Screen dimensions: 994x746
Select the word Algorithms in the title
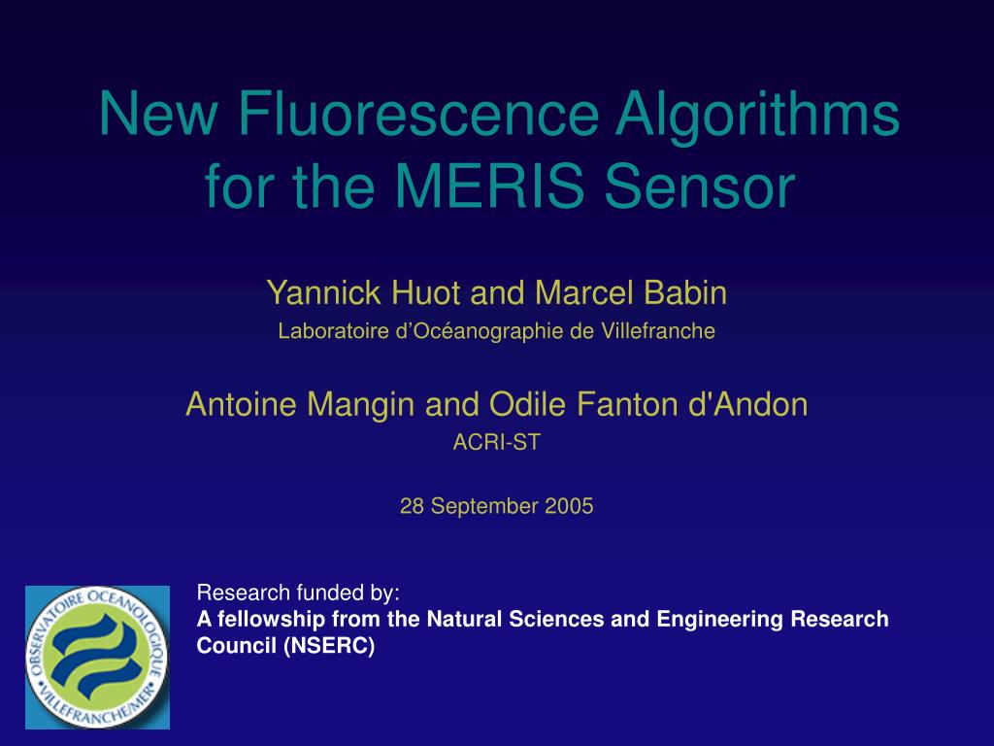click(757, 118)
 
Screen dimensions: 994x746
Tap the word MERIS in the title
click(489, 186)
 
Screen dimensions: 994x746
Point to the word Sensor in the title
click(700, 186)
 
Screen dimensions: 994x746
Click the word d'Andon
click(748, 404)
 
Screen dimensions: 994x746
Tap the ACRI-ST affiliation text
click(496, 442)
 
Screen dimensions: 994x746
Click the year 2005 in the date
click(569, 506)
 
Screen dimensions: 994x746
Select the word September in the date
click(485, 507)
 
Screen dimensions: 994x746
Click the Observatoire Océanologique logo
click(98, 658)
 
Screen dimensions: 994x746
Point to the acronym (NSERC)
click(329, 646)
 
